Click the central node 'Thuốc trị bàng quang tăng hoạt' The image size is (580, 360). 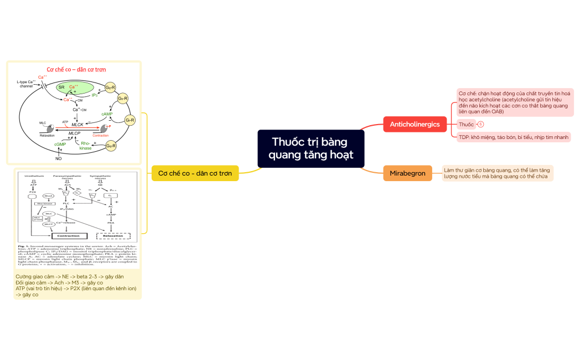310,148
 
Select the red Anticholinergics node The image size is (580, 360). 415,124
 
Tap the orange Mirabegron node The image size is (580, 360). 407,173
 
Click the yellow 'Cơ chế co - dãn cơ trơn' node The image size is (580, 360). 195,173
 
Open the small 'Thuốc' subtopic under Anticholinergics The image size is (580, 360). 467,124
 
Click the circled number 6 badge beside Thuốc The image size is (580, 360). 481,124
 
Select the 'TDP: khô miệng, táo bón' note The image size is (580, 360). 513,137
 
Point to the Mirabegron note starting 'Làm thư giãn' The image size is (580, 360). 498,173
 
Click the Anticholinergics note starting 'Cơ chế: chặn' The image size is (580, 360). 513,101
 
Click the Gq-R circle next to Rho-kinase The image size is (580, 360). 111,146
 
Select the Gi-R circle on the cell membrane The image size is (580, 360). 131,120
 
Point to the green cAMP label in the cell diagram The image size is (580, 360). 107,114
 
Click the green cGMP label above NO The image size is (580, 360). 60,145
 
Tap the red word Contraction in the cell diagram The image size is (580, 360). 101,135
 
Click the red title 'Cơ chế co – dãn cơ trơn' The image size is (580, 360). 76,70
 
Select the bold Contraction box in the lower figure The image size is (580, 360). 66,235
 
